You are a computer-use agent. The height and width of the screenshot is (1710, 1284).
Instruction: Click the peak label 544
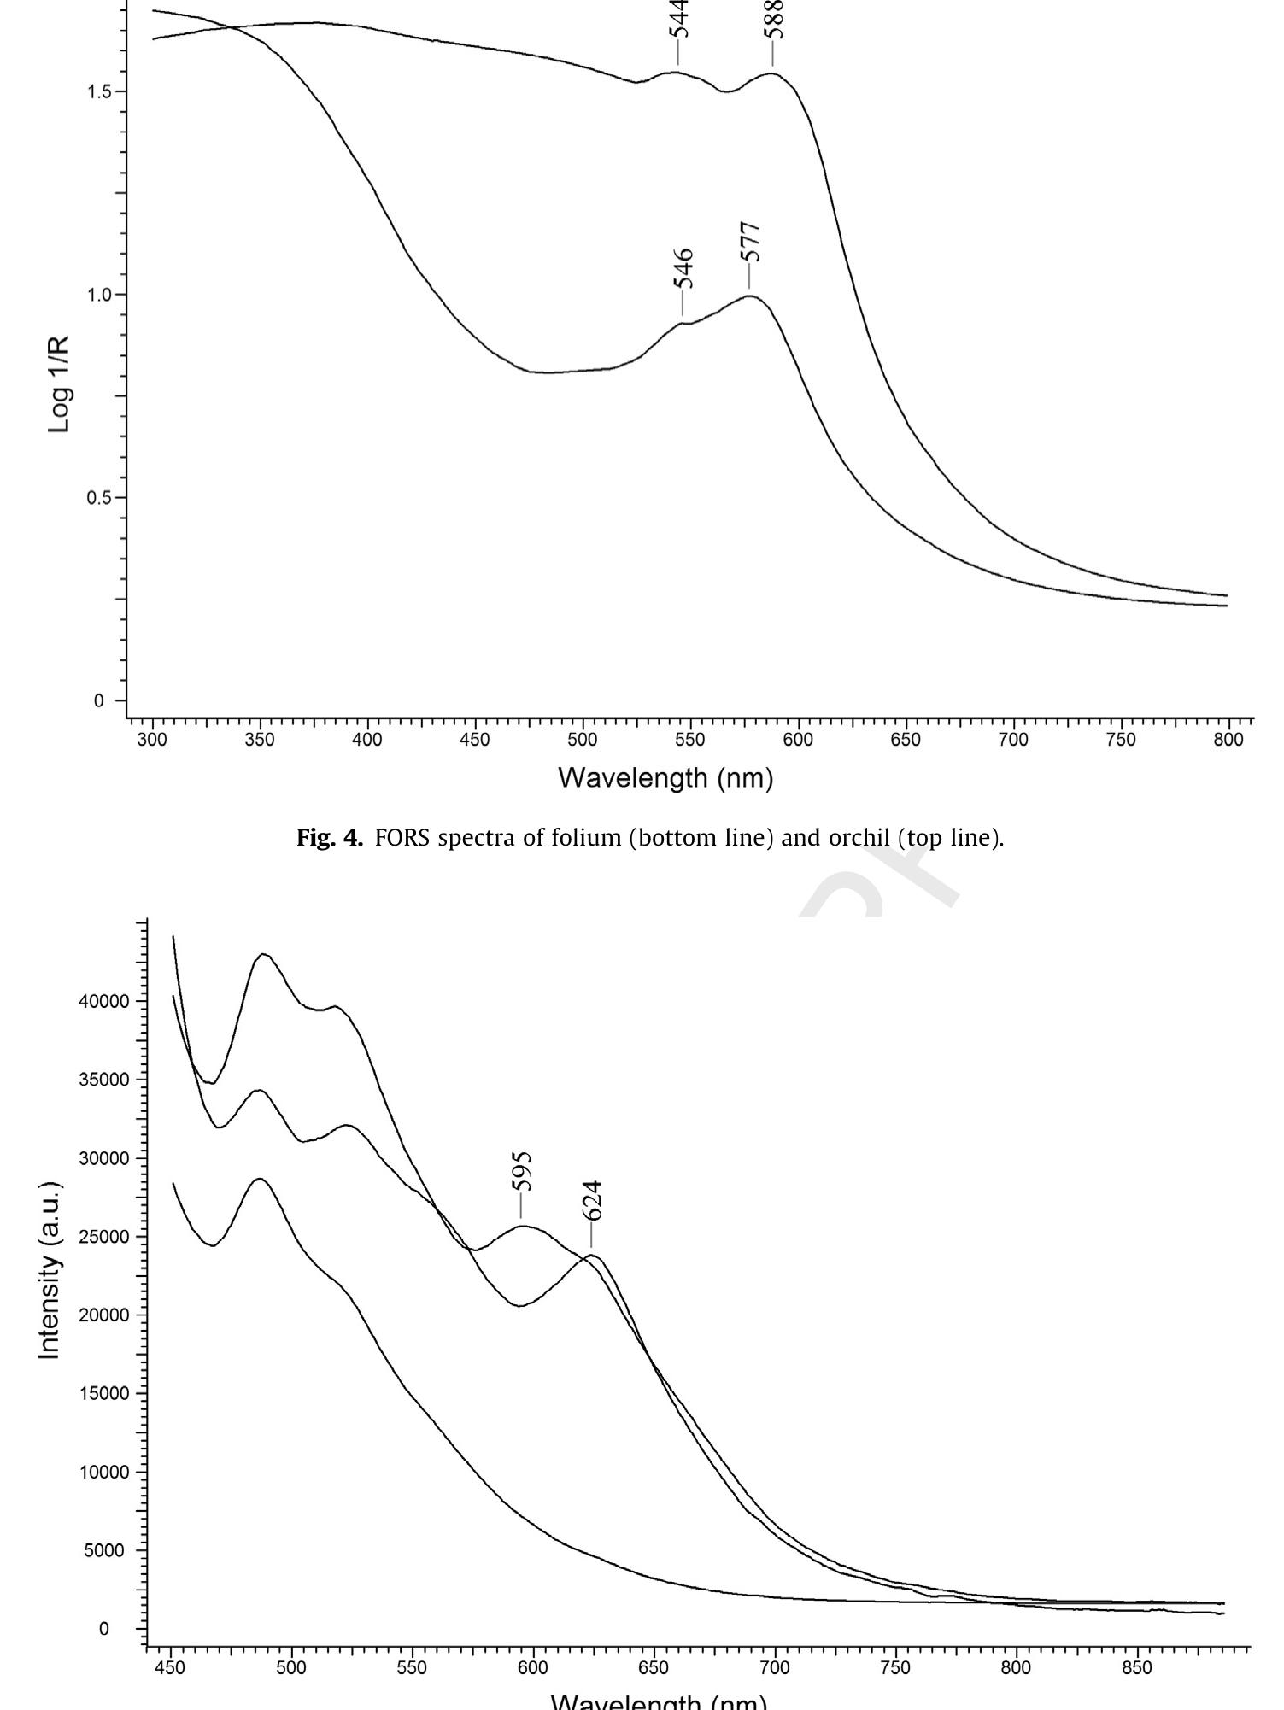680,19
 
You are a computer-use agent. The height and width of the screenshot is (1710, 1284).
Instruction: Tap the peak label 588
775,19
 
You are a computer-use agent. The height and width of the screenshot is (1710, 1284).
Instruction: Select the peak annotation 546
683,269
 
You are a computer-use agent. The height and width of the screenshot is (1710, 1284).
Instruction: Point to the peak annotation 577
750,242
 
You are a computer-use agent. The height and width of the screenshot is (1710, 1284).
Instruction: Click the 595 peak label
522,1172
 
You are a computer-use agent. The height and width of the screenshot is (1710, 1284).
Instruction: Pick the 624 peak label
592,1201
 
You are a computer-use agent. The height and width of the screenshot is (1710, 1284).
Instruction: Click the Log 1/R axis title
59,384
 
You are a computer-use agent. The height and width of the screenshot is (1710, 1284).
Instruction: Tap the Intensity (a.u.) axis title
50,1271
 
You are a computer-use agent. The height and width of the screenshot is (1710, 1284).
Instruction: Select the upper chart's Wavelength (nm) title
665,778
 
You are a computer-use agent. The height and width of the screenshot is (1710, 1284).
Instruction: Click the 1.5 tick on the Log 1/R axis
101,92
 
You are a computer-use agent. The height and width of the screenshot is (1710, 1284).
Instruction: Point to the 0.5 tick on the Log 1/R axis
101,498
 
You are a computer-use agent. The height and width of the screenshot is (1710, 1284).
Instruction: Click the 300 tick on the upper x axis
152,740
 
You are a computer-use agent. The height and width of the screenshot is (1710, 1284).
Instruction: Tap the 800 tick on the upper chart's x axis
1228,740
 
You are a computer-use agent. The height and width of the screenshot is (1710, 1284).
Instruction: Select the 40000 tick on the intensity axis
105,1001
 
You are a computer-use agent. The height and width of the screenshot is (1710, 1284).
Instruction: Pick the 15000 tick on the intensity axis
105,1393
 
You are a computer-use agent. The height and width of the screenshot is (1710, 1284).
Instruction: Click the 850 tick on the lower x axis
1137,1667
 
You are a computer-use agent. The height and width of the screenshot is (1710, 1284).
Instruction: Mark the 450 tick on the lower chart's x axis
171,1667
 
